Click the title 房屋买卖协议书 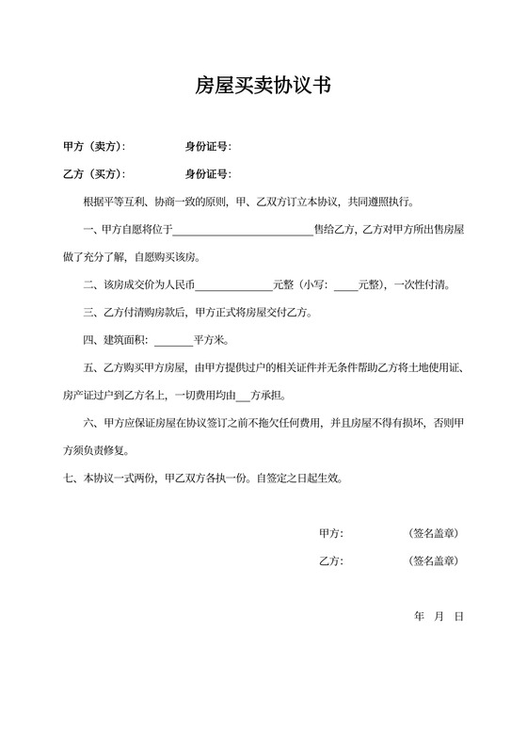click(263, 87)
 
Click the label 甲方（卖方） click(92, 146)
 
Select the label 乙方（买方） click(92, 174)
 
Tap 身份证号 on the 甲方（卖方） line click(207, 146)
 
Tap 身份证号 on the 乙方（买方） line click(207, 174)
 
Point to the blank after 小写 click(345, 284)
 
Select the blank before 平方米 click(173, 340)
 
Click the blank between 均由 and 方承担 click(244, 395)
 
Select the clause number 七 click(67, 478)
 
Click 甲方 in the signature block click(331, 533)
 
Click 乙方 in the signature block click(331, 561)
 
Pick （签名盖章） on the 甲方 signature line click(434, 533)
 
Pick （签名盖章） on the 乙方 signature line click(434, 561)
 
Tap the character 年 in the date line click(419, 616)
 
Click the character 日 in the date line click(458, 616)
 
